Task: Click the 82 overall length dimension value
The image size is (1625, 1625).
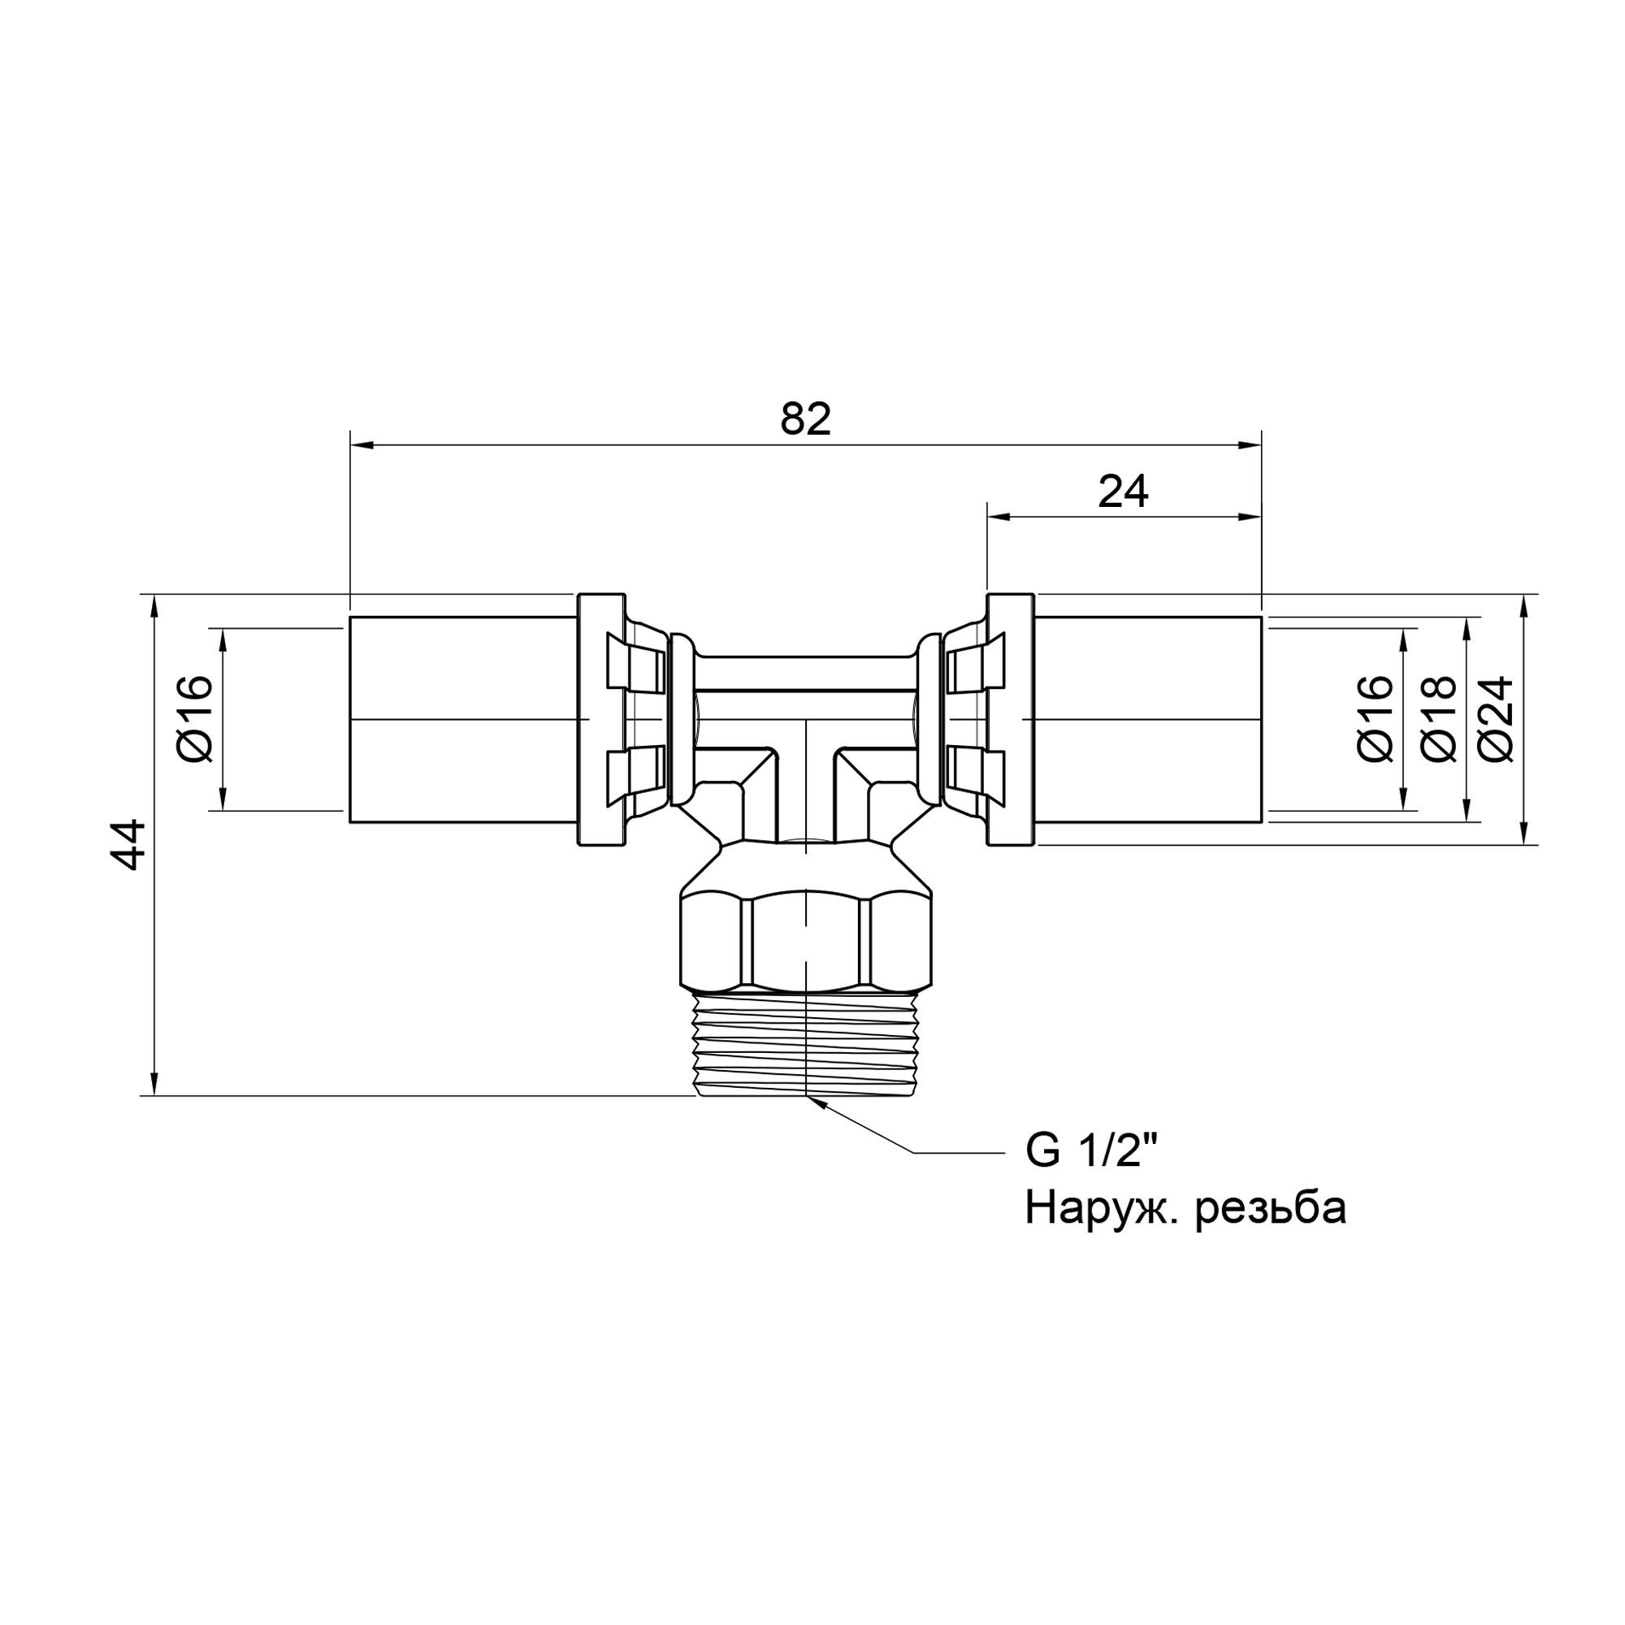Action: coord(805,419)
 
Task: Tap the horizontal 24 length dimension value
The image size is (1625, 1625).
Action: coord(1123,492)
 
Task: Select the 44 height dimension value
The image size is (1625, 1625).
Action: coord(131,844)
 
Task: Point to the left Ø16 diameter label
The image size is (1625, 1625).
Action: coord(197,719)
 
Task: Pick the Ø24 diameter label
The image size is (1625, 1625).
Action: coord(1497,719)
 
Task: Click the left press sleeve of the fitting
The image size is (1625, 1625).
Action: coord(462,720)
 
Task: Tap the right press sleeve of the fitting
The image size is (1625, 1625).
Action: coord(1148,720)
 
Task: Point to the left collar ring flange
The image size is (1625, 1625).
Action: coord(601,720)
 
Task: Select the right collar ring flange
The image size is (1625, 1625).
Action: coord(1009,720)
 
